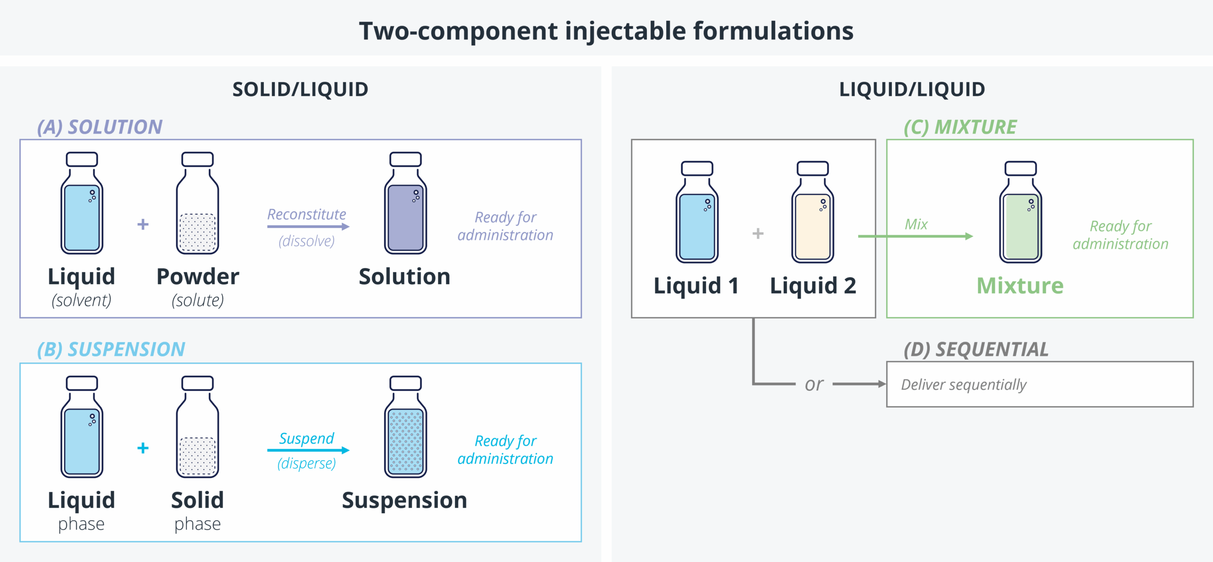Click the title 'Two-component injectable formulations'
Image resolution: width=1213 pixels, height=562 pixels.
(x=606, y=31)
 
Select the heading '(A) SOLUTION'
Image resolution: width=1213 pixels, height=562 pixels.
(x=100, y=127)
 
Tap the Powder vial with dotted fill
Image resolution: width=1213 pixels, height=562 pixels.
(x=198, y=204)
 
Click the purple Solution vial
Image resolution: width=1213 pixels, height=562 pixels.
(x=406, y=204)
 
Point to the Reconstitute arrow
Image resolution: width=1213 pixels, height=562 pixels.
(x=308, y=227)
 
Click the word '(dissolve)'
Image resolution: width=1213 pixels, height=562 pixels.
(x=307, y=241)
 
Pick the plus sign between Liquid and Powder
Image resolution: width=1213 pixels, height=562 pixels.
(x=143, y=224)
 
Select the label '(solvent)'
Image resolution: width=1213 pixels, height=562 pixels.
(x=81, y=300)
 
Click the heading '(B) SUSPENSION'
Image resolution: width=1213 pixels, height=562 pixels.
(x=111, y=350)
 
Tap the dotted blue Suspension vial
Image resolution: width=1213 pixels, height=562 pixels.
(x=406, y=427)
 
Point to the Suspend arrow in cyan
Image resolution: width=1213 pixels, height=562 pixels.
(x=308, y=450)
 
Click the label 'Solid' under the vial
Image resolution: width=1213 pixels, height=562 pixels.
(x=198, y=500)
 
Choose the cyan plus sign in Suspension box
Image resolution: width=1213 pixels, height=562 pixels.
(x=143, y=448)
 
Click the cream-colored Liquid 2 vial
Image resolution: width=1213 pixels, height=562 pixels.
(x=813, y=213)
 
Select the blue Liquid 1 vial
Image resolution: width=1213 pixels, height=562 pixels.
(x=697, y=213)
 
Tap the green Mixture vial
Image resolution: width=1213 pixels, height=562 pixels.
(x=1021, y=213)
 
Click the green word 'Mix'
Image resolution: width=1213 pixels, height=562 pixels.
(x=916, y=224)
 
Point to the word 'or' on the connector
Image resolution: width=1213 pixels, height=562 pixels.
(x=814, y=384)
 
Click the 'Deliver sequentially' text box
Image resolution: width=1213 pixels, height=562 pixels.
(x=1040, y=384)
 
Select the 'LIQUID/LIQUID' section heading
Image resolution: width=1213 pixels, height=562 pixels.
(x=912, y=90)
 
